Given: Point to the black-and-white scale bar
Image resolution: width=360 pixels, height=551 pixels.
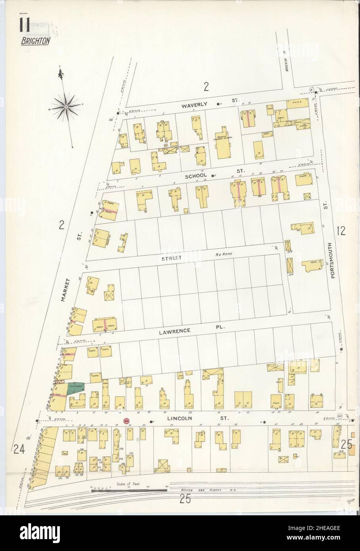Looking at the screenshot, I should tap(131, 490).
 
